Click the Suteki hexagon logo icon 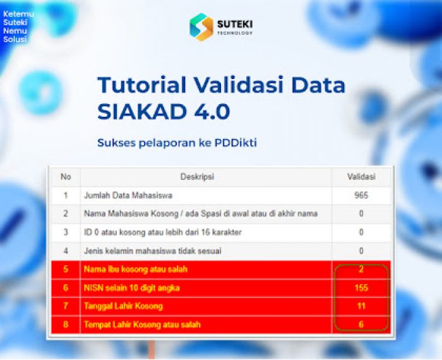(x=201, y=27)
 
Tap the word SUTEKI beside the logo (x=235, y=24)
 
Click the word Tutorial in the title (x=142, y=85)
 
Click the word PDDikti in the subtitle (x=236, y=143)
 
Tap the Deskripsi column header (x=197, y=177)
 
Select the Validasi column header (x=361, y=177)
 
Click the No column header (x=66, y=177)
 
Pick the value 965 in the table (x=361, y=195)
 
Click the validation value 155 (x=361, y=288)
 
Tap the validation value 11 (x=361, y=306)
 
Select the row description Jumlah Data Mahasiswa (x=128, y=195)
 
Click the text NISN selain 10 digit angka (x=131, y=288)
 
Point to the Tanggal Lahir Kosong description (x=123, y=306)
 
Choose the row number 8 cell (x=66, y=325)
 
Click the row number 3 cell (x=66, y=232)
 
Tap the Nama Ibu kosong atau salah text (x=136, y=269)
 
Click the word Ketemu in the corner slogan (x=18, y=14)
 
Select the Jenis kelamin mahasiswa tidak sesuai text (x=153, y=251)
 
